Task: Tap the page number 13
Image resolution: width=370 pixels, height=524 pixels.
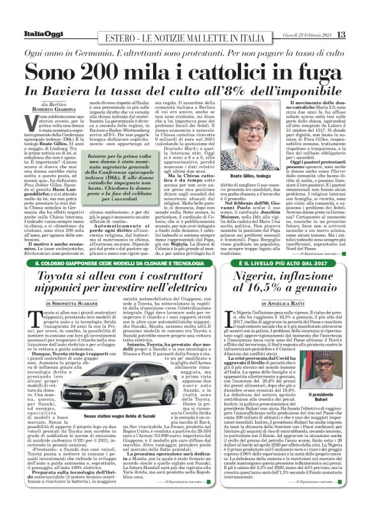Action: [x=342, y=33]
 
